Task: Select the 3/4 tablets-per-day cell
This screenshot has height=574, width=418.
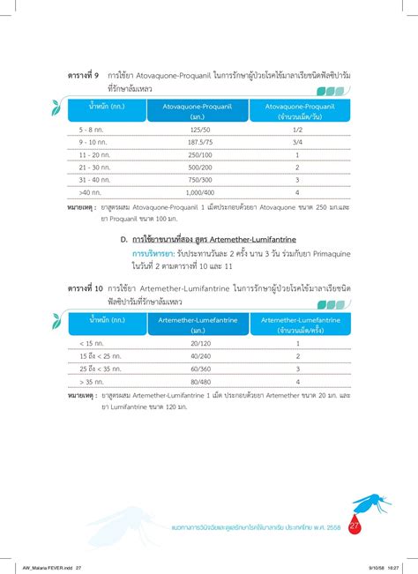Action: coord(297,141)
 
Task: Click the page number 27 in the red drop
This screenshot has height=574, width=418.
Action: coord(355,527)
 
